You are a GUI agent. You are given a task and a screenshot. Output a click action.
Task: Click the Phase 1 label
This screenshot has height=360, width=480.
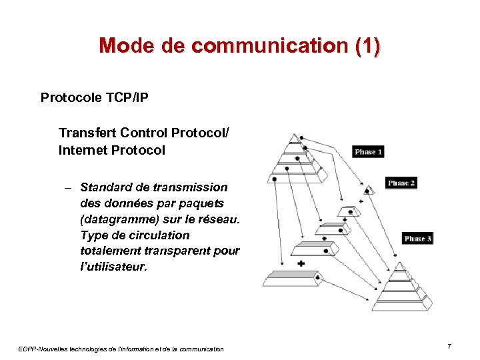(368, 152)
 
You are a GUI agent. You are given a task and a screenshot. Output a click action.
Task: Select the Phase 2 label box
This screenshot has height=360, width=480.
(401, 183)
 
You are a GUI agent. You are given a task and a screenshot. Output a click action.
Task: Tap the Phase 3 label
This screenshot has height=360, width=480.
(418, 239)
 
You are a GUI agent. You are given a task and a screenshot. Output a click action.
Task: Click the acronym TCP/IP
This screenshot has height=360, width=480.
(127, 98)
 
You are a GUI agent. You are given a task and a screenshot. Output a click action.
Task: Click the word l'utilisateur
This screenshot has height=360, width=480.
(113, 267)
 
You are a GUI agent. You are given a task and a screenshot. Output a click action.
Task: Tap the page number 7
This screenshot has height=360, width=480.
(449, 347)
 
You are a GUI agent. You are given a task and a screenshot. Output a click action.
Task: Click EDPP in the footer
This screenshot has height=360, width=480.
(29, 348)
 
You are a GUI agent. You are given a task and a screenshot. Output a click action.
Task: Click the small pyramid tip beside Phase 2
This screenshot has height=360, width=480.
(370, 191)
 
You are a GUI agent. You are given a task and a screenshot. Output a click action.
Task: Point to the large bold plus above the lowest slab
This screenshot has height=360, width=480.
(301, 264)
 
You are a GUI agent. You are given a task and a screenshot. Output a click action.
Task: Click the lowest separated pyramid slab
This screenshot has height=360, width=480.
(292, 277)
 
